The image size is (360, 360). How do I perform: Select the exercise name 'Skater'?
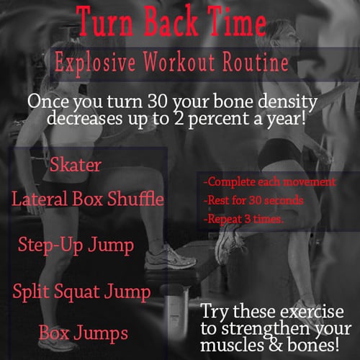coord(76,165)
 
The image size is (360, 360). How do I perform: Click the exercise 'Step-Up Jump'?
coord(76,245)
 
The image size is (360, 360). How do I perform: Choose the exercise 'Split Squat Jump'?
coord(82,292)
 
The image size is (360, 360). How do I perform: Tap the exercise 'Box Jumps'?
coord(84,333)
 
